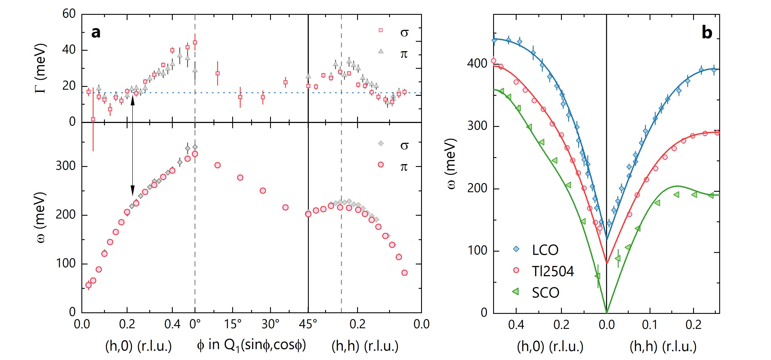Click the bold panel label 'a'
pos(96,32)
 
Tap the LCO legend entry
pos(545,250)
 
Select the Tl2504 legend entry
pos(553,271)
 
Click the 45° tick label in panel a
pos(308,324)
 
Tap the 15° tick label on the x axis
pos(233,324)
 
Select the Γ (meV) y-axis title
pos(40,69)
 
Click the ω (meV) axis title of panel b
pos(451,164)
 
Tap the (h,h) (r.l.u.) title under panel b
pos(663,347)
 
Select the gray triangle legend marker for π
pos(381,51)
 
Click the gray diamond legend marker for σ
pos(381,143)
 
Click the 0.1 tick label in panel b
pos(650,325)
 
